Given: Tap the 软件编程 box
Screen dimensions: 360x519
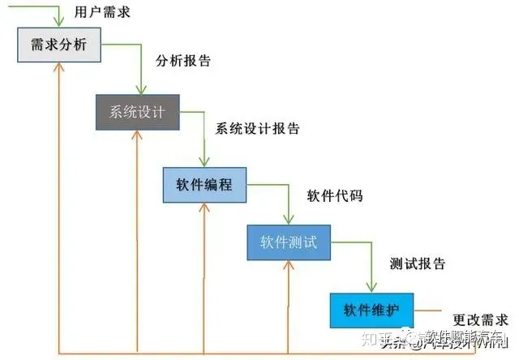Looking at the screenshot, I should [x=204, y=184].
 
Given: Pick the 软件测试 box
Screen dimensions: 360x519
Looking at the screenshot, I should [x=290, y=242].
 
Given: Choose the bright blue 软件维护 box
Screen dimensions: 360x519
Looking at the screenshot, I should [x=371, y=310].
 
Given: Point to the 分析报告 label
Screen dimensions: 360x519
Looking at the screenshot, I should [x=182, y=60].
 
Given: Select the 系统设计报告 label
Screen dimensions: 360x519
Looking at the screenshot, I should [x=258, y=128].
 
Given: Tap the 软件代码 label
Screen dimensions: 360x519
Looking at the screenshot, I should [x=334, y=195].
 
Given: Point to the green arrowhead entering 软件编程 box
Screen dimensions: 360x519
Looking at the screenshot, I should [x=205, y=163].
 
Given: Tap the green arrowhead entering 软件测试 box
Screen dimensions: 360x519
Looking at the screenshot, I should [x=288, y=220].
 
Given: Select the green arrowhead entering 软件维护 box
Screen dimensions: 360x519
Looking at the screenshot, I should [x=371, y=288].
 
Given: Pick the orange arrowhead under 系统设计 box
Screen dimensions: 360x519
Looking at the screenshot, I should [x=134, y=136].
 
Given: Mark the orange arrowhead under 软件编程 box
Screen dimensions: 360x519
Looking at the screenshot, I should [x=204, y=208].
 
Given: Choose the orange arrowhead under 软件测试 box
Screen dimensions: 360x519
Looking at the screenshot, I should [x=290, y=265].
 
